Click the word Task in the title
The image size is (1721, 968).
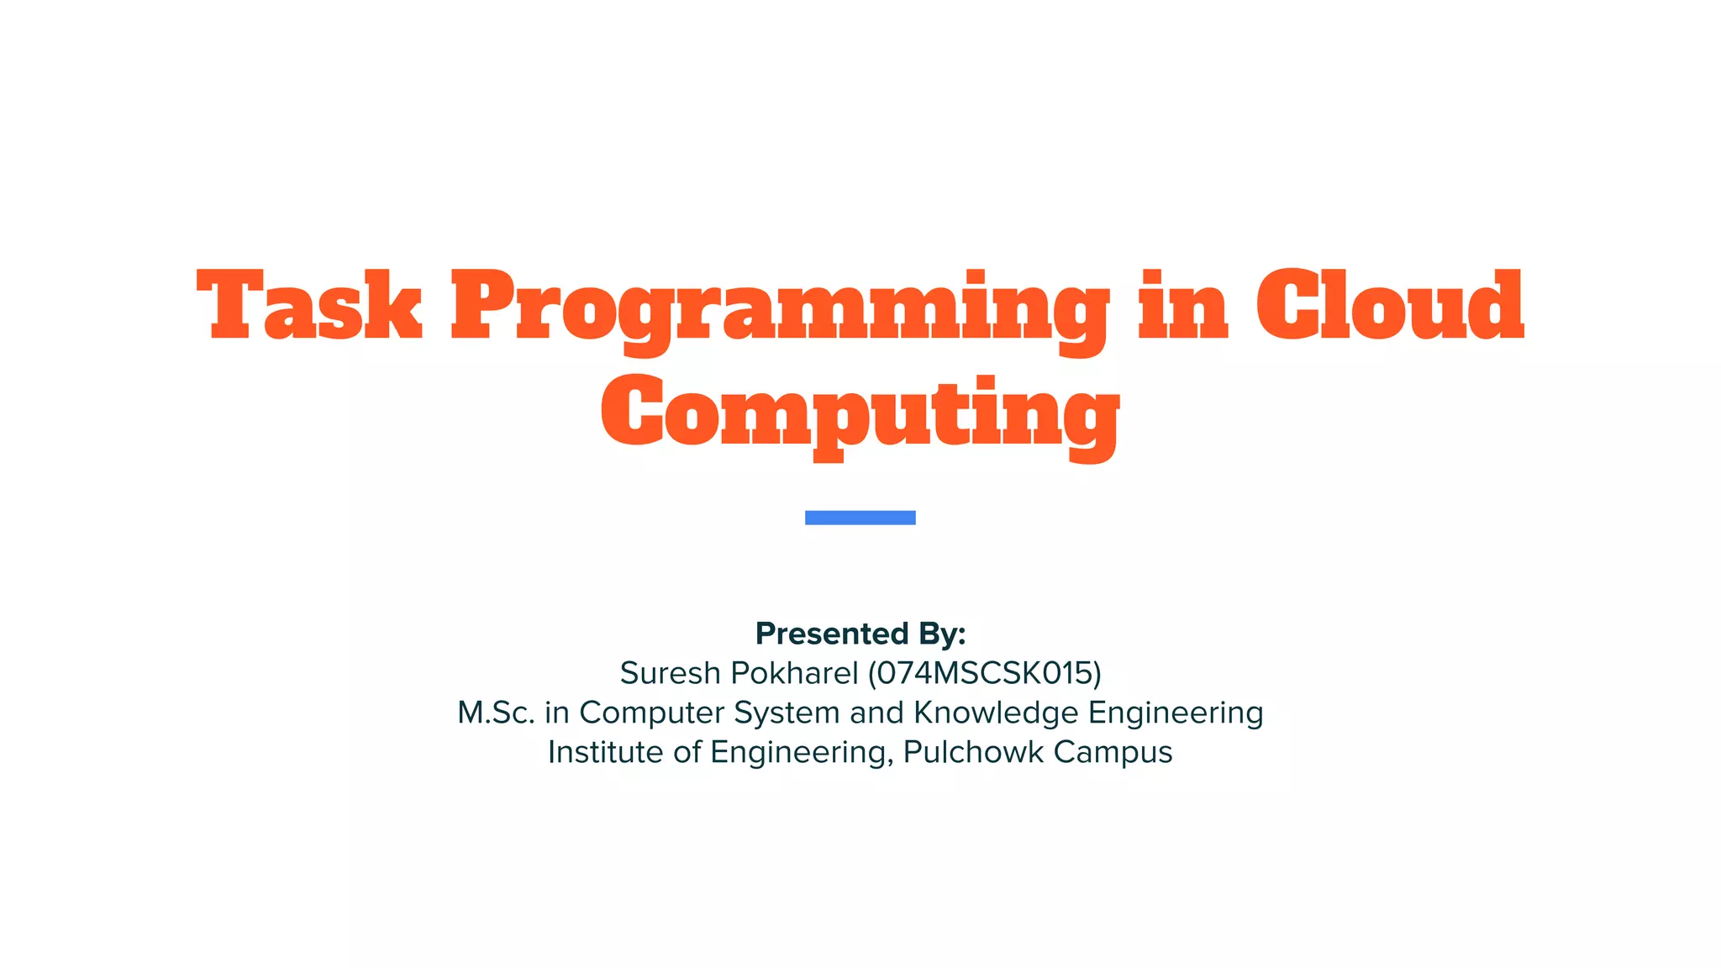pyautogui.click(x=309, y=306)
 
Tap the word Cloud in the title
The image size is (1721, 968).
pyautogui.click(x=1389, y=306)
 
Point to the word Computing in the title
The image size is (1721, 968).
pyautogui.click(x=860, y=414)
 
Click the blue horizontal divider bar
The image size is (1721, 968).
pyautogui.click(x=860, y=518)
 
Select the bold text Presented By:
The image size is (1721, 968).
pyautogui.click(x=860, y=634)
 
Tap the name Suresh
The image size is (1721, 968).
pyautogui.click(x=670, y=673)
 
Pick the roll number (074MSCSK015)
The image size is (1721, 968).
pyautogui.click(x=984, y=673)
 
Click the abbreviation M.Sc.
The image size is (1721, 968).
pyautogui.click(x=496, y=713)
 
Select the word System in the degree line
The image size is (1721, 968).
pyautogui.click(x=787, y=713)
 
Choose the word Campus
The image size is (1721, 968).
pyautogui.click(x=1113, y=753)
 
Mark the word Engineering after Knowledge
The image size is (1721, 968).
pyautogui.click(x=1176, y=713)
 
